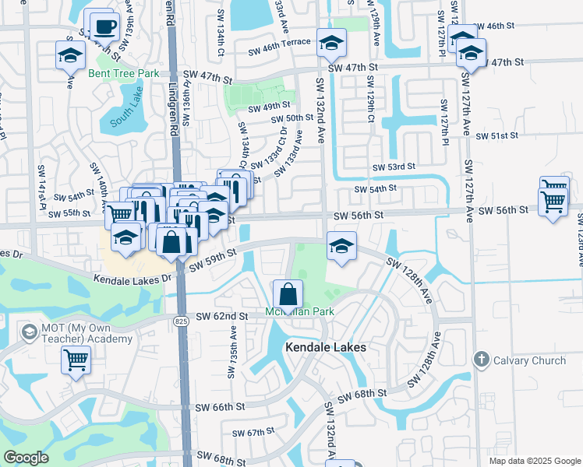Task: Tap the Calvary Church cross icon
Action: [x=481, y=360]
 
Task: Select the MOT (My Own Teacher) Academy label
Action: [x=76, y=333]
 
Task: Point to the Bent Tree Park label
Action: [x=123, y=73]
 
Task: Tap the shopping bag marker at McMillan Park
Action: [x=288, y=296]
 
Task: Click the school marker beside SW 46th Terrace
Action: [x=331, y=43]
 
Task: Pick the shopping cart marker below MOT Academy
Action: [x=76, y=360]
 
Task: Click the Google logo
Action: [x=26, y=458]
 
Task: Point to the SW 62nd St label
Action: [x=221, y=317]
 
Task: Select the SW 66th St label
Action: [x=220, y=407]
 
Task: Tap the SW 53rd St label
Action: [x=394, y=167]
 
